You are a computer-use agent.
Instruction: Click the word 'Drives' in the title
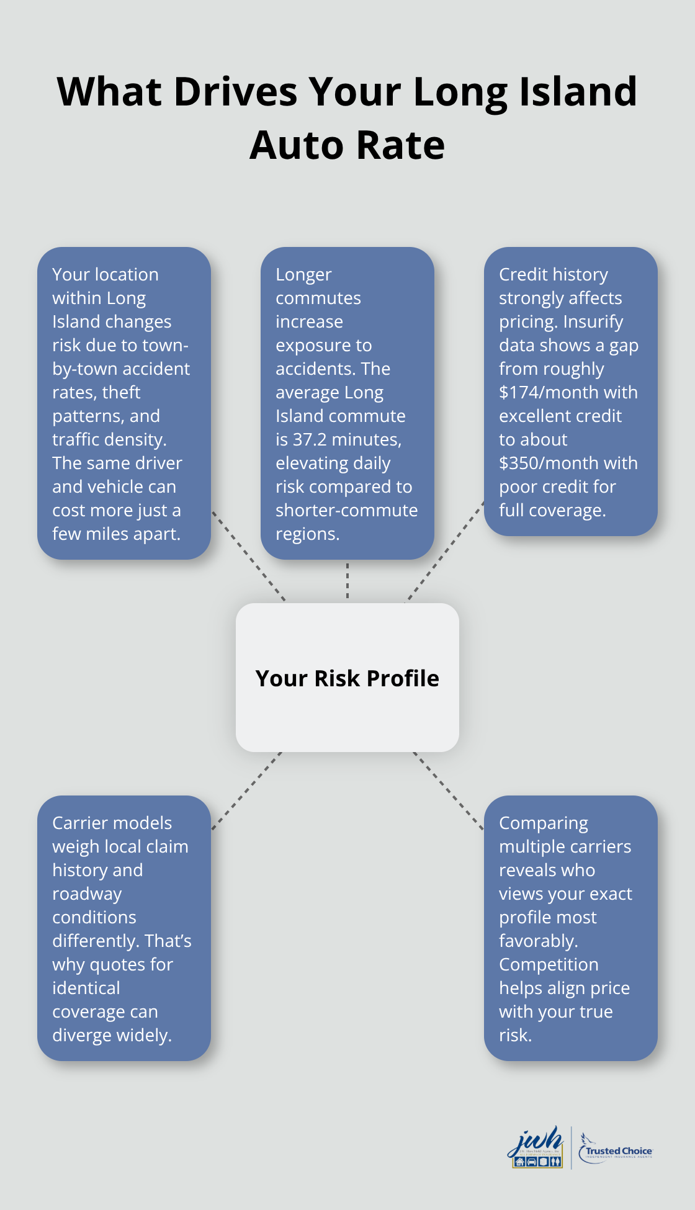click(x=236, y=92)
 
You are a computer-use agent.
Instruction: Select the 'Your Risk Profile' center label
click(x=347, y=678)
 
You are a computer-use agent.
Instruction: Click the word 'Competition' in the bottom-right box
click(x=549, y=965)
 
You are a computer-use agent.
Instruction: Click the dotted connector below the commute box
click(x=347, y=581)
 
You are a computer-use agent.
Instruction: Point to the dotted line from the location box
click(x=248, y=556)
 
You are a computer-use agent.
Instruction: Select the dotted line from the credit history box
click(x=445, y=552)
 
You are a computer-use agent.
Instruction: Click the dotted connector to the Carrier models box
click(x=246, y=791)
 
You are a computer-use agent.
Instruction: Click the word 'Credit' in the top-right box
click(x=522, y=274)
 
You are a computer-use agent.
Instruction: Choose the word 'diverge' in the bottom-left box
click(x=83, y=1036)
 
